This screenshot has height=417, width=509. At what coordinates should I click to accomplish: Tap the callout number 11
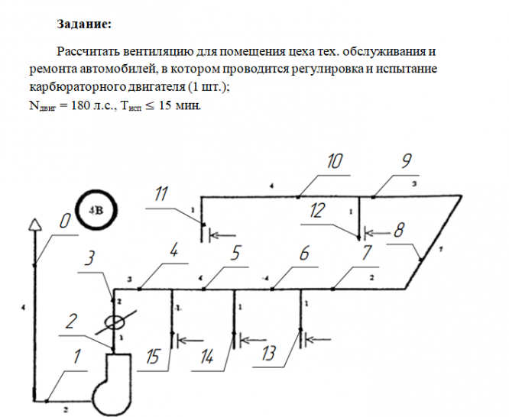(x=160, y=195)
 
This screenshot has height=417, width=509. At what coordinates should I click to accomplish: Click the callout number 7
(x=366, y=253)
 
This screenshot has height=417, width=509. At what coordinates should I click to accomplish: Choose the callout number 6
(x=304, y=253)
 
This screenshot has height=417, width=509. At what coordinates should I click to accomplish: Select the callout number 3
(x=90, y=259)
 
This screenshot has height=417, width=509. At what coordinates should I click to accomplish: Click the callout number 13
(x=267, y=352)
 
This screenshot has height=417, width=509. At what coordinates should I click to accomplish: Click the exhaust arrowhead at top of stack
(x=33, y=224)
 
